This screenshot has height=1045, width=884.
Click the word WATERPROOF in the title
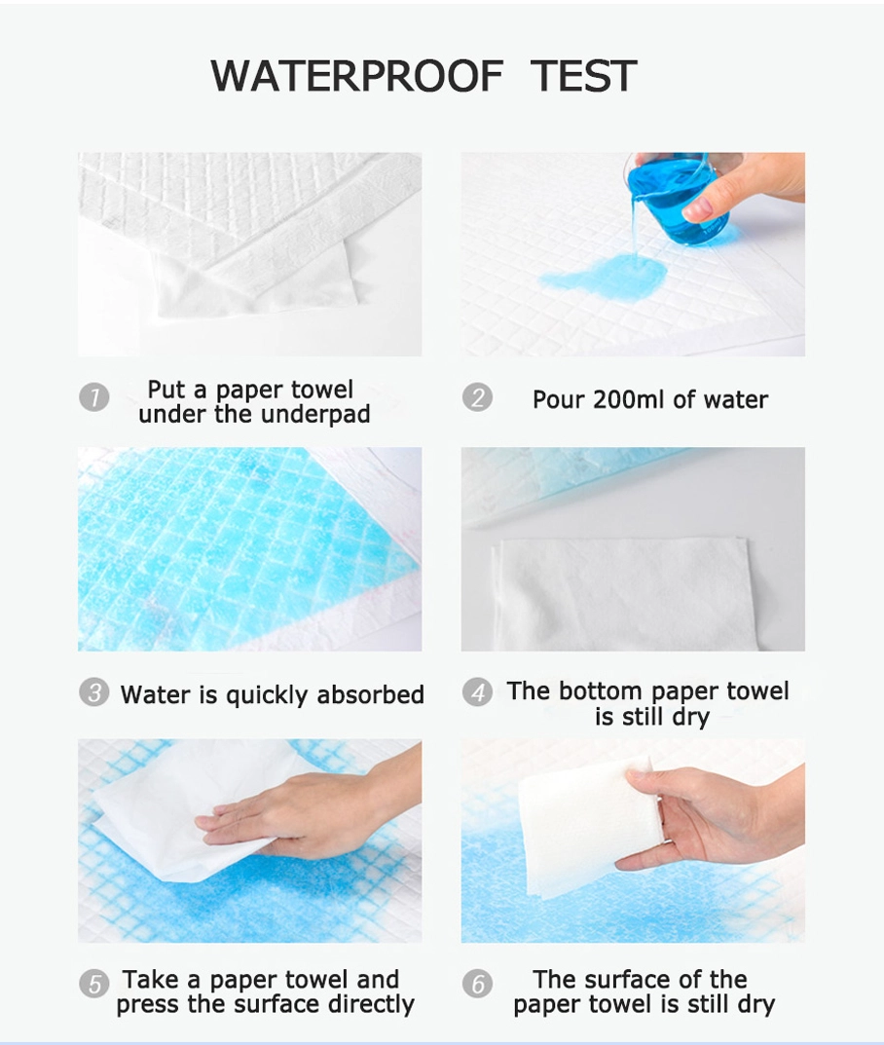point(356,75)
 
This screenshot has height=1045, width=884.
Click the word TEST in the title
point(583,75)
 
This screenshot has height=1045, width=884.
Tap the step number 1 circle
point(93,397)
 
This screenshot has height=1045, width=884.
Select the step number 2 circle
point(478,397)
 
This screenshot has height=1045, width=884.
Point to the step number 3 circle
point(93,692)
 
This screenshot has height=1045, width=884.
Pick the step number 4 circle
point(478,692)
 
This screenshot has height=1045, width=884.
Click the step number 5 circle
point(93,983)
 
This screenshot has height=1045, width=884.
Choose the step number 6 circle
point(478,983)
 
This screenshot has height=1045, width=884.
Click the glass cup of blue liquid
point(677,199)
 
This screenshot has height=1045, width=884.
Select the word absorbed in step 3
point(370,694)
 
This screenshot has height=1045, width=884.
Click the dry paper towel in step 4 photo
point(625,593)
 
